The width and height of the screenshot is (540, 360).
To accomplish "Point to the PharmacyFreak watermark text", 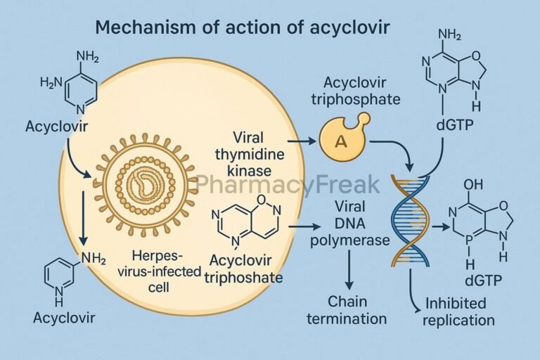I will (x=288, y=184).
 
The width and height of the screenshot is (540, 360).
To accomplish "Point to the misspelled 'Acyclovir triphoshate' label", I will (x=243, y=270).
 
